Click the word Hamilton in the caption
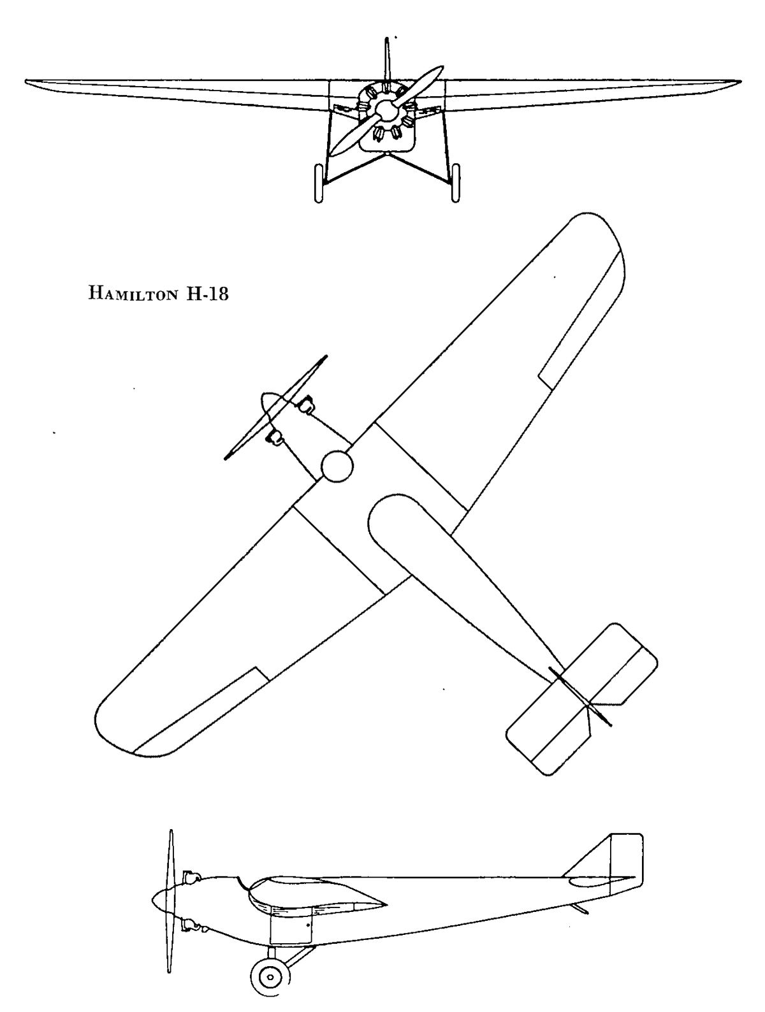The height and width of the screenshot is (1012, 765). pos(133,294)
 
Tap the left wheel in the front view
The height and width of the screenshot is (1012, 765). pos(318,184)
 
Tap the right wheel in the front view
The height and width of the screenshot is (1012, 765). pos(456,184)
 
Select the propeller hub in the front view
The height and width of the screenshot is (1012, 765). pos(386,109)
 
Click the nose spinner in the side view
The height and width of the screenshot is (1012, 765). pos(163,900)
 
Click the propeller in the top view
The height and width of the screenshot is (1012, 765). pos(276,407)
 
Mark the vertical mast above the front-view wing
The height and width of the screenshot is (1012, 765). pos(388,59)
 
